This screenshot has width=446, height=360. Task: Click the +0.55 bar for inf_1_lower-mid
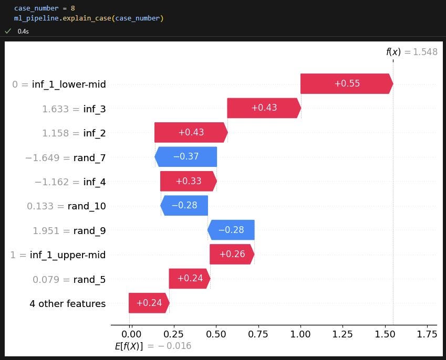coord(346,84)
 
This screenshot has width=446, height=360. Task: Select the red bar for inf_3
coord(264,108)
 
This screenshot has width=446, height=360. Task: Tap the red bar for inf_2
coord(191,133)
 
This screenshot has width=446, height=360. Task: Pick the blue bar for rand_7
coord(186,157)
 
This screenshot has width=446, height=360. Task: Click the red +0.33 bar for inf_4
coord(188,181)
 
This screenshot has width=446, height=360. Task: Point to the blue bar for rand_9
coord(231,230)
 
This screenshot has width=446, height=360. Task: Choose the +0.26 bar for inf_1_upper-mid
coord(232,255)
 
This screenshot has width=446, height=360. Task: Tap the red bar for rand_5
coord(190,279)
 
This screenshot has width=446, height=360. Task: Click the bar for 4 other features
coord(149,303)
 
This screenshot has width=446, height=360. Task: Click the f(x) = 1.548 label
coord(411,52)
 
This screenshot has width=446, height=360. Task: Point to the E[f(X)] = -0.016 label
coord(153,346)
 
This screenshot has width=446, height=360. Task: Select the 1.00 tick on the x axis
coord(300,334)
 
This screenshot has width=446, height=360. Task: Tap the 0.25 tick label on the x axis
coord(173,334)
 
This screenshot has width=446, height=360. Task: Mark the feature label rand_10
coord(87,206)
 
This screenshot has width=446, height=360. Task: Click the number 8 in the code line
coord(72,8)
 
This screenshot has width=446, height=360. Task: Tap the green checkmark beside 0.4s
coord(8,31)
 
